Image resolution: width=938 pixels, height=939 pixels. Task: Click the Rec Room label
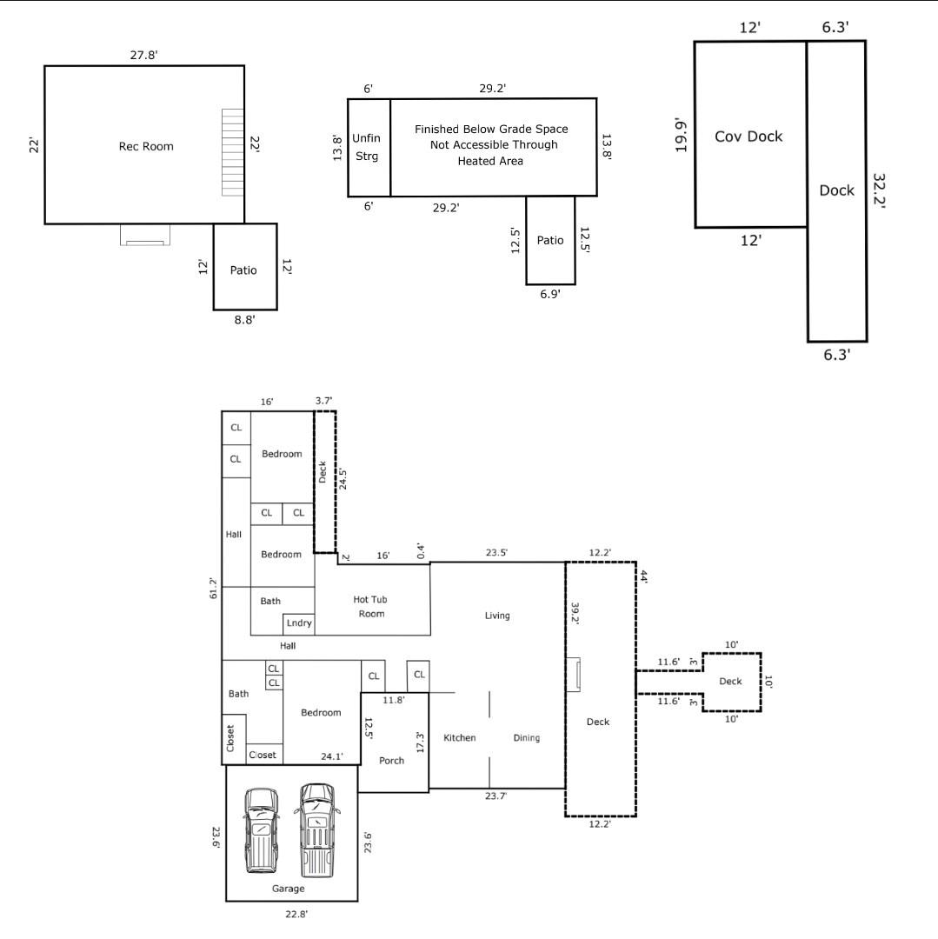pos(146,146)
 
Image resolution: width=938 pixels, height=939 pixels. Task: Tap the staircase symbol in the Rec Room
pos(233,152)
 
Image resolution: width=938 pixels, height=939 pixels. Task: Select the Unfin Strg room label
pos(366,147)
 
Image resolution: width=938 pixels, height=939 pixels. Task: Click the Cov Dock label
pos(748,137)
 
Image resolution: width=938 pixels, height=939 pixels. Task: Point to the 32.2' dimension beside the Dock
pos(878,190)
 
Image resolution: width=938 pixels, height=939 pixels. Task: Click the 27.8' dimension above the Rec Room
pos(143,55)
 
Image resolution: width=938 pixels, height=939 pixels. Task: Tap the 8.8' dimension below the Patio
pos(244,320)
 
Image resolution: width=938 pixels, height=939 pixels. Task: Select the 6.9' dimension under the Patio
pos(549,294)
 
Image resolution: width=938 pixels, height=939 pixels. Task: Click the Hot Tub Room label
pos(370,606)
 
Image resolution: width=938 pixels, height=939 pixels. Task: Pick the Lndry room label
pos(299,623)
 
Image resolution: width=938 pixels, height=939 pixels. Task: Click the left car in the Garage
pos(261,830)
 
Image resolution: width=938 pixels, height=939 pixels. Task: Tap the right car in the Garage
pos(316,829)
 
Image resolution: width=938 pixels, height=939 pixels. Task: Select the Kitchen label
pos(459,738)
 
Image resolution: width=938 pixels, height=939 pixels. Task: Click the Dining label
pos(527,738)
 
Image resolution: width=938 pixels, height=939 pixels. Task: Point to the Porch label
pos(391,761)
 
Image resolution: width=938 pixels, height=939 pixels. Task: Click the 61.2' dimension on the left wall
pos(213,588)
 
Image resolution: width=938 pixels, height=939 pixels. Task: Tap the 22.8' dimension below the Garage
pos(296,914)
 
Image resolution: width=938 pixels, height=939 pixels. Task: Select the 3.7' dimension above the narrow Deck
pos(324,401)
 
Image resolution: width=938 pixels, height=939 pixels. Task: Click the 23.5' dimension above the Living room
pos(496,553)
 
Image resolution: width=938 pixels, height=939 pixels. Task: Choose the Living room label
pos(497,616)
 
